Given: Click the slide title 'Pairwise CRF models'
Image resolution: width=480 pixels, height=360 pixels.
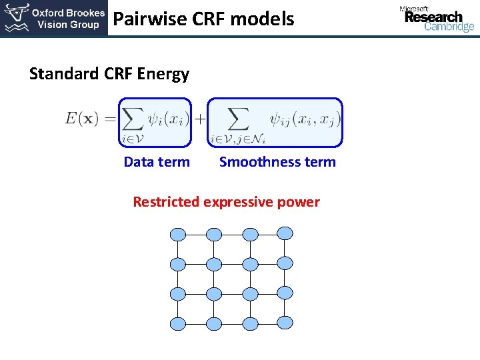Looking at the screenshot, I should [203, 19].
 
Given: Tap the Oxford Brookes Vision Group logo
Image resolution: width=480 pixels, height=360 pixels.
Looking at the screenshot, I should [54, 19].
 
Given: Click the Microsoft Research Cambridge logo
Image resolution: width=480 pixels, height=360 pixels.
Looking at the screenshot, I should [437, 19].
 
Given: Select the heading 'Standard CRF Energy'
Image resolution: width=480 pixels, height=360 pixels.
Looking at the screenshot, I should [109, 74].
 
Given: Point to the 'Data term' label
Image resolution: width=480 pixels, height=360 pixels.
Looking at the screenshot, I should [157, 162].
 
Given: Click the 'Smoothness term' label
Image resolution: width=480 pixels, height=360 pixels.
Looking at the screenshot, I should [277, 162].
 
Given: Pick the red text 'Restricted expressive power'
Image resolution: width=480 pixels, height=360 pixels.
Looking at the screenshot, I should [226, 202].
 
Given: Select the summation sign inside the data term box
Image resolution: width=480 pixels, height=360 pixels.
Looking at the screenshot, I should [133, 120].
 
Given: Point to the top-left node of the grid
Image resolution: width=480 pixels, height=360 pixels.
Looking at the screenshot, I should [178, 235].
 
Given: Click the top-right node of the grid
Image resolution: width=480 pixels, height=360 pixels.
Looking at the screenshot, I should [285, 233].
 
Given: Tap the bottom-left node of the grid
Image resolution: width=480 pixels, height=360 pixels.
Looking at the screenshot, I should [178, 324].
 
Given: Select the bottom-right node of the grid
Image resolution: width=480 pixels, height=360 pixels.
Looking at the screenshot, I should [285, 323].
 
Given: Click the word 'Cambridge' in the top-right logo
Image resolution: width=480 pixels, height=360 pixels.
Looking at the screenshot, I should [449, 27].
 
